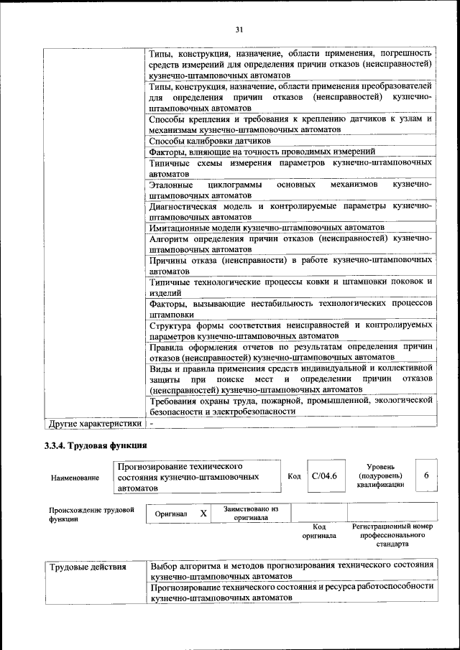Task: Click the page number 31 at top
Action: click(239, 29)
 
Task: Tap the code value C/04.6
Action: click(325, 475)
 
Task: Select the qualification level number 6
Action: click(426, 475)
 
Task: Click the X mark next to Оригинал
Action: click(203, 514)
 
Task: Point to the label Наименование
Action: click(75, 477)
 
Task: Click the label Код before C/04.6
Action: click(294, 476)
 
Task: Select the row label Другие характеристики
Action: click(94, 423)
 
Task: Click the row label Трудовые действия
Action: click(87, 567)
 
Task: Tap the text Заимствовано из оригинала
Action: click(251, 513)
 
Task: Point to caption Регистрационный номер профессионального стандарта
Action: click(392, 535)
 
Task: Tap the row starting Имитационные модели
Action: click(267, 227)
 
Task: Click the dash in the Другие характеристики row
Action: click(152, 423)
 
